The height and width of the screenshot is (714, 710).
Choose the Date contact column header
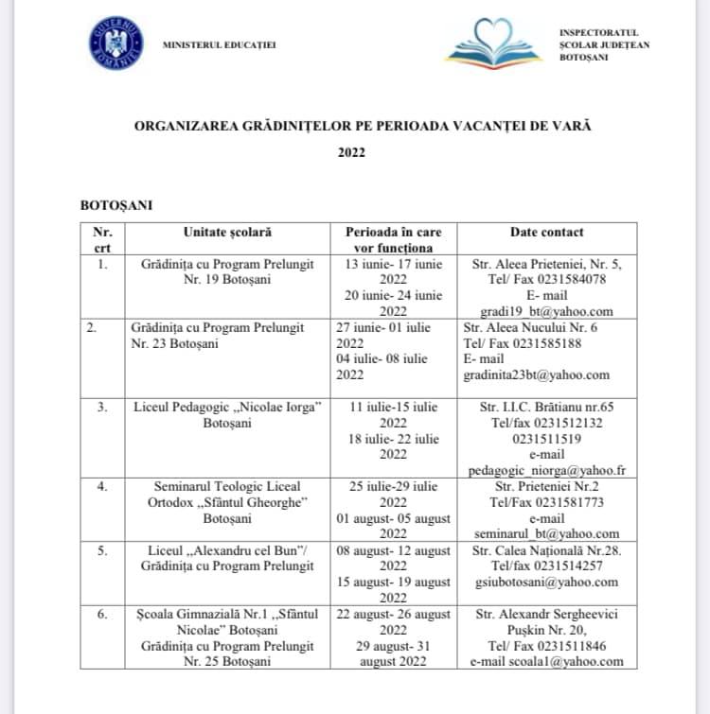click(x=546, y=232)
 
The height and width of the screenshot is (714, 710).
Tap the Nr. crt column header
click(x=102, y=239)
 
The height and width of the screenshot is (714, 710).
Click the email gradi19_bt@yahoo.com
click(x=547, y=311)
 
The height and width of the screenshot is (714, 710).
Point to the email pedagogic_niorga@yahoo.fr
click(x=546, y=470)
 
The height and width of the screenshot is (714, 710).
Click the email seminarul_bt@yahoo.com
click(x=546, y=533)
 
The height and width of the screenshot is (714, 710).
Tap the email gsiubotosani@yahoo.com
click(x=546, y=582)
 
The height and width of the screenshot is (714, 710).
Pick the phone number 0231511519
click(x=546, y=438)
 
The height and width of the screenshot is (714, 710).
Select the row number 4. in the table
click(x=102, y=486)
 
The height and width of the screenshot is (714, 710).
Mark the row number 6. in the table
click(x=102, y=614)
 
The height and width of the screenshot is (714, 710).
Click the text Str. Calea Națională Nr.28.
click(x=546, y=550)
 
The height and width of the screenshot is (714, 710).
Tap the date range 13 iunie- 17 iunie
click(x=392, y=264)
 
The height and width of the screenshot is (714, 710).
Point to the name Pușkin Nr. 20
click(x=546, y=630)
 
